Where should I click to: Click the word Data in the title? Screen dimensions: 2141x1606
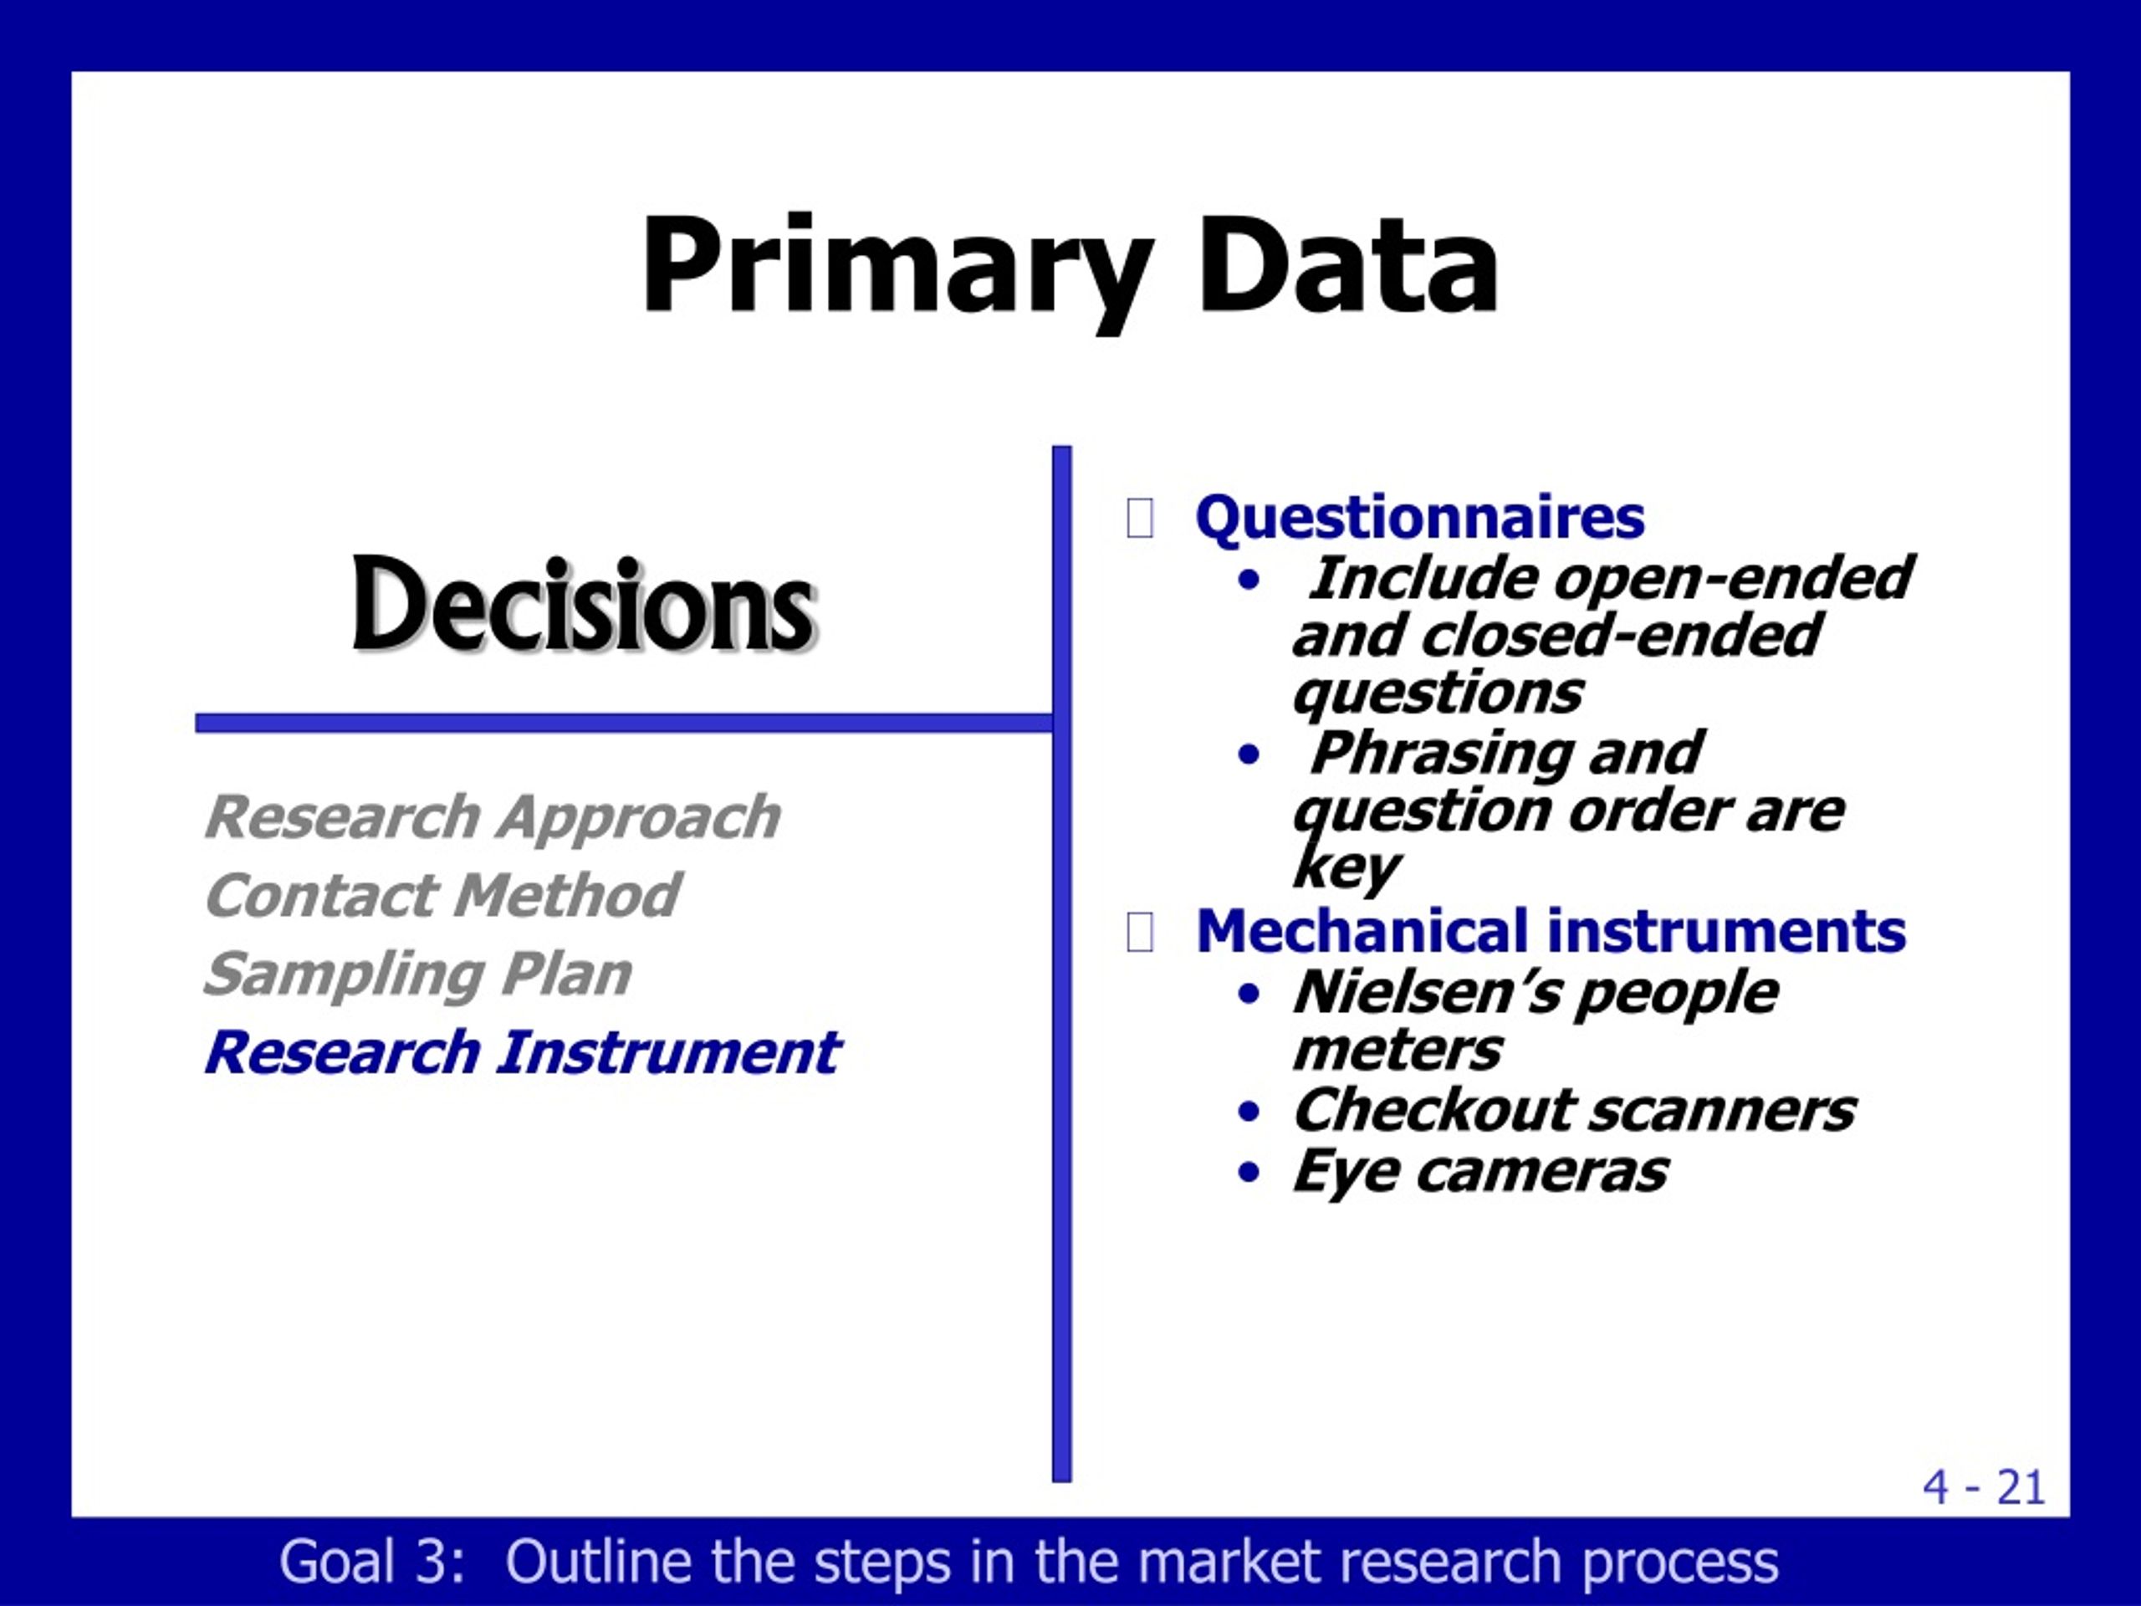coord(1348,263)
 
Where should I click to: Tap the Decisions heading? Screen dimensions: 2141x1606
coord(584,605)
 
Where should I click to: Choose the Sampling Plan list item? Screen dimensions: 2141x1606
coord(417,974)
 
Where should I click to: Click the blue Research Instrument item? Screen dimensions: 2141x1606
coord(522,1052)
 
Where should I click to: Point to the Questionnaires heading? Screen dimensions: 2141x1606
coord(1420,518)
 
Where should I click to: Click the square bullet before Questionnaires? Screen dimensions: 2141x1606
coord(1140,518)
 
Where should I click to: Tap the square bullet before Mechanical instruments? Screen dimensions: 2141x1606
coord(1140,933)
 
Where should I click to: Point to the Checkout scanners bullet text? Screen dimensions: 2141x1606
coord(1574,1109)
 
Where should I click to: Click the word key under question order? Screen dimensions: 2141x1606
coord(1346,869)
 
